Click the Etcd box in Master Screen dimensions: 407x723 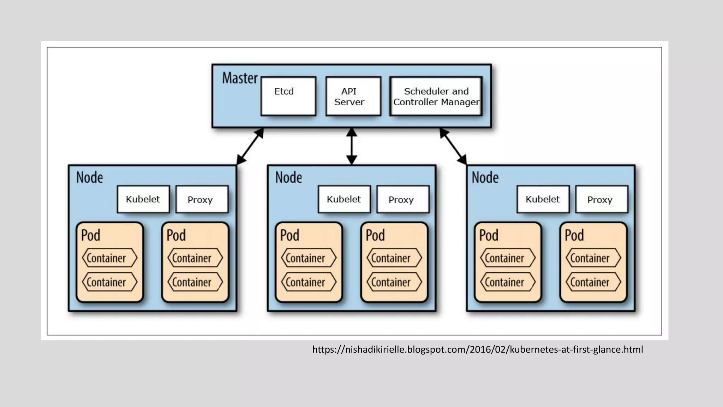tap(288, 96)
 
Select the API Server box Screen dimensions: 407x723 tap(353, 96)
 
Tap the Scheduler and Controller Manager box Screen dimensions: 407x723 tap(436, 96)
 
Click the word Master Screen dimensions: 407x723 tap(240, 78)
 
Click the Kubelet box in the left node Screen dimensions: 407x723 tap(143, 199)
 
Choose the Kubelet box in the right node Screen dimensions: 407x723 tap(543, 199)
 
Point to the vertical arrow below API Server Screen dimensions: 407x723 tap(351, 146)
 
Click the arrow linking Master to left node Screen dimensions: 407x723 tap(250, 146)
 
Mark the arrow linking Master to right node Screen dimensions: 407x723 tap(453, 146)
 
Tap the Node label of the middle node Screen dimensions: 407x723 tap(288, 177)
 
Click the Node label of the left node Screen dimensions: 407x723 tap(90, 177)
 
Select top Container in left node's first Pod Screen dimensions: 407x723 tap(109, 258)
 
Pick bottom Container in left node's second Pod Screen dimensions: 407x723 tap(195, 282)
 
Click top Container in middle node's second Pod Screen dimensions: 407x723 tap(394, 258)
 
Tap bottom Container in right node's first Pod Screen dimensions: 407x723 tap(508, 282)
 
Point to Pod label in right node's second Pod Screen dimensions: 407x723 tap(574, 235)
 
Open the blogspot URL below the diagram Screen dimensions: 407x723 tap(477, 349)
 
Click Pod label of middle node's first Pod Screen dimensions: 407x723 tap(289, 235)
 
